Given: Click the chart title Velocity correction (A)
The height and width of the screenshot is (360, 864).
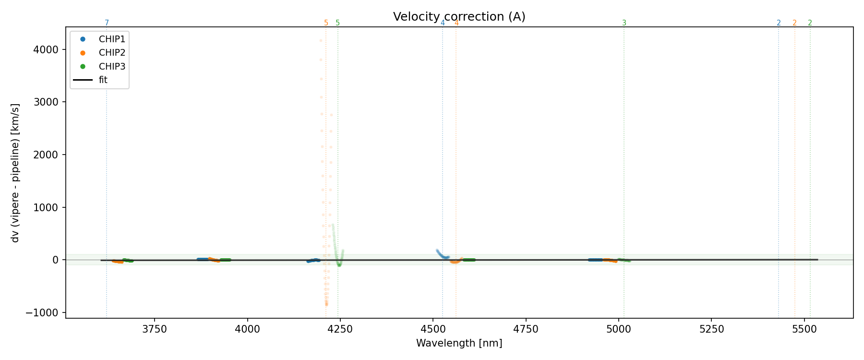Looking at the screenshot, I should click(x=459, y=17).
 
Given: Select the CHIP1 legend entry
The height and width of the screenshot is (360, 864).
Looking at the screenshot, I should click(x=111, y=39).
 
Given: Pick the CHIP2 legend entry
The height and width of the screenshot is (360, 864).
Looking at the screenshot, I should click(x=111, y=53).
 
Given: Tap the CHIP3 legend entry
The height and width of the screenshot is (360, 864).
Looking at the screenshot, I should click(x=111, y=66).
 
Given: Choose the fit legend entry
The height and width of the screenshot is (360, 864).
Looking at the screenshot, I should click(x=103, y=80).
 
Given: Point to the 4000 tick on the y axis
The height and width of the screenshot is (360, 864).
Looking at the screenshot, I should click(x=43, y=49).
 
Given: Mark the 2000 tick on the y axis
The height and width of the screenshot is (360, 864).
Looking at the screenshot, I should click(x=43, y=155).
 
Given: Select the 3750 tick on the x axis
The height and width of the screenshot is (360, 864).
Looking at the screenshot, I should click(x=155, y=329).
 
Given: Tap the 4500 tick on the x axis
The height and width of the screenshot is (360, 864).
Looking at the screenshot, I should click(x=433, y=329).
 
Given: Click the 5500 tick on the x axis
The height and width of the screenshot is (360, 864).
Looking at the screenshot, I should click(x=804, y=329).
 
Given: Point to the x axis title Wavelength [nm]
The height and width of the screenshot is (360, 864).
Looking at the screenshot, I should click(x=459, y=343).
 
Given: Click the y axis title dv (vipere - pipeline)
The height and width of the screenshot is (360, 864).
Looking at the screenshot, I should click(x=15, y=173).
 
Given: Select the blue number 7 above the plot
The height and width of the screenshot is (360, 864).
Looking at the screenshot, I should click(x=107, y=23).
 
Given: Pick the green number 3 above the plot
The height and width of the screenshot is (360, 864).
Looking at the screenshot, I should click(x=624, y=23).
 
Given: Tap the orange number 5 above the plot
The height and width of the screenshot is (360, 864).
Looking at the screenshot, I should click(x=326, y=23).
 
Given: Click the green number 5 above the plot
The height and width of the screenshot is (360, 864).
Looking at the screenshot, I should click(x=337, y=23).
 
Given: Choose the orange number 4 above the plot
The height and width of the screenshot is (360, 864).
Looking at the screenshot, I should click(x=456, y=23).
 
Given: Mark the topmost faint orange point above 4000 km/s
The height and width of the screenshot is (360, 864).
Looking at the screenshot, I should click(x=321, y=41).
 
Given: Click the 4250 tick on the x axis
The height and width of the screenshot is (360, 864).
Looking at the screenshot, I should click(x=340, y=329).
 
